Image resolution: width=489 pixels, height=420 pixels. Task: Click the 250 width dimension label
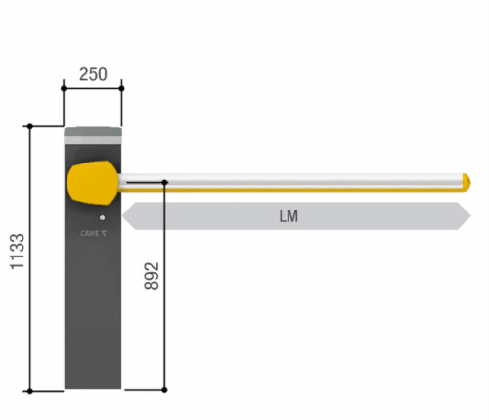coord(93,74)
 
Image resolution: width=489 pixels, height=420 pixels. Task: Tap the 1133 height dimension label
coord(18,252)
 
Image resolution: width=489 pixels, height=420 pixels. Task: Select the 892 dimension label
coord(152,276)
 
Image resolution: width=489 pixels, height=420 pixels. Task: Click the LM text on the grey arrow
coord(289,216)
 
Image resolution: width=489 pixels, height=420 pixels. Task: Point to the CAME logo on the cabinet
coord(93,233)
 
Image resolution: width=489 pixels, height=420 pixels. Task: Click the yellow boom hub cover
coord(93,183)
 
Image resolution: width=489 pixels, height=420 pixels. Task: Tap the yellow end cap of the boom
coord(467,183)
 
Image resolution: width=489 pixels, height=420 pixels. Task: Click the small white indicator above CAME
coord(102,217)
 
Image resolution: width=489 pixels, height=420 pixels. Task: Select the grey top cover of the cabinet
coord(93,136)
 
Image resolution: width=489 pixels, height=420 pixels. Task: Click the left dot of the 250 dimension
coord(64,88)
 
